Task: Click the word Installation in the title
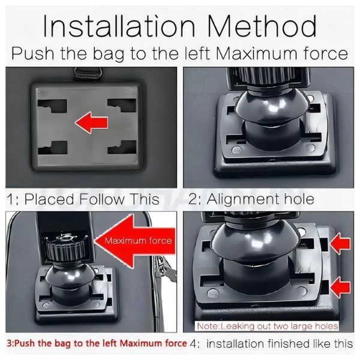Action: pos(119,26)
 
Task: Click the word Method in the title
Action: pos(262,26)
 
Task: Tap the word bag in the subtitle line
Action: pos(109,54)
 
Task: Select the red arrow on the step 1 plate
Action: pos(92,122)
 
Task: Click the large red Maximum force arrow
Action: pos(136,241)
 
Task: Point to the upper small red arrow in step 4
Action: pos(340,244)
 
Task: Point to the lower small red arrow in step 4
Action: pos(340,287)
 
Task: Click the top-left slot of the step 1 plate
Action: pos(53,106)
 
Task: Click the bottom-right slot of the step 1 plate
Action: pos(122,147)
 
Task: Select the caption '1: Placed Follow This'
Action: pos(83,199)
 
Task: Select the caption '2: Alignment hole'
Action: pos(251,199)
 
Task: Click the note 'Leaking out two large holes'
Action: pos(267,326)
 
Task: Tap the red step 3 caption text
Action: pos(97,343)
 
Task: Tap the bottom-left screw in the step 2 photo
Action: pos(236,150)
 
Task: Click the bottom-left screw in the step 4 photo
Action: pos(212,293)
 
